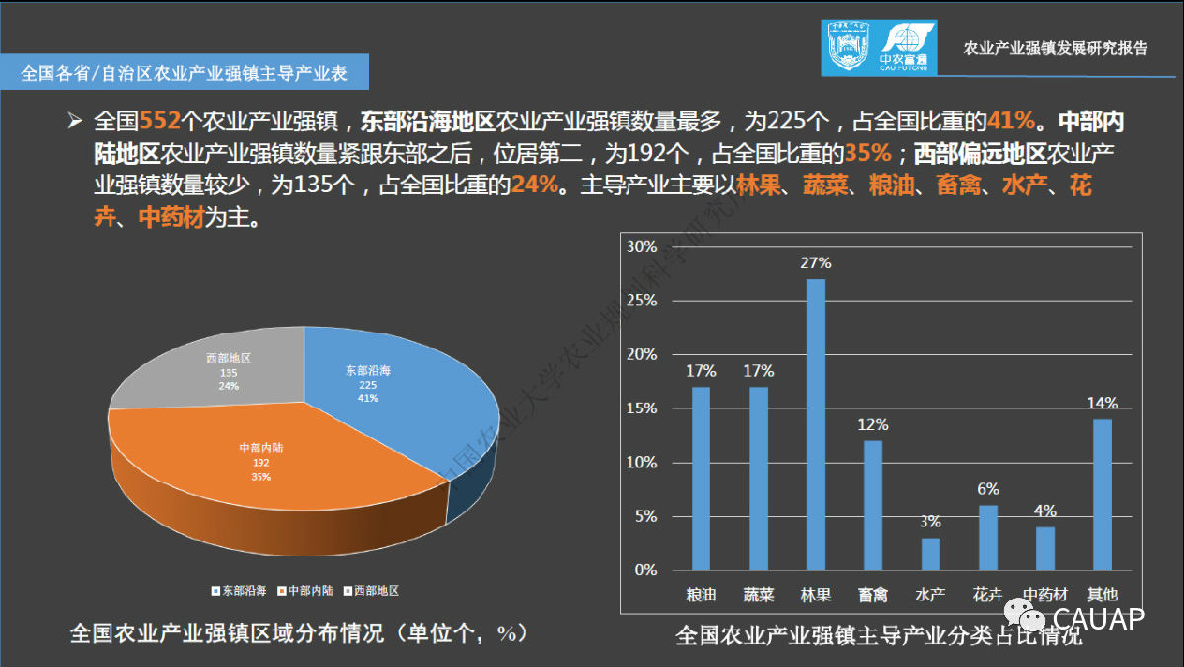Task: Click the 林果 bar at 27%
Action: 816,424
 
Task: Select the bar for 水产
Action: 930,554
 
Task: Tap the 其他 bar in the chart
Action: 1102,494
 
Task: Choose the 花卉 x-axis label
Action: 988,595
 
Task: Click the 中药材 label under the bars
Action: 1046,595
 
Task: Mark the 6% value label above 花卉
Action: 989,489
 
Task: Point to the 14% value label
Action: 1103,403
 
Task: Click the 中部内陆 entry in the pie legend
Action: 308,590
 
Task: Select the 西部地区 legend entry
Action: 371,590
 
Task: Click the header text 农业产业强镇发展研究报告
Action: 1055,48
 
